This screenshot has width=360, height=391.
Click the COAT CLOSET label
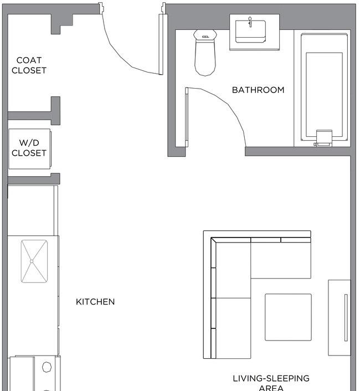coord(29,65)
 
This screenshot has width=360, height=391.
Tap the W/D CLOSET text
coord(29,148)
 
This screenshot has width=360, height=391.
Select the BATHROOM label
coord(258,90)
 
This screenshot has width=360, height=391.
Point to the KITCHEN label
coord(95,302)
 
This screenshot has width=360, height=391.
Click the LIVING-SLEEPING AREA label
coord(271,383)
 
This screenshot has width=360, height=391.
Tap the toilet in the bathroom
coord(205,53)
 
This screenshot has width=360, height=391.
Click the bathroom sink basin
coord(250,32)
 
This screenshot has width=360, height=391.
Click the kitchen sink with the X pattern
coord(34,261)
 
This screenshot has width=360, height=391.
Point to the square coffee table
coord(288,317)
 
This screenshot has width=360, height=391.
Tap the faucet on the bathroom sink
coord(250,22)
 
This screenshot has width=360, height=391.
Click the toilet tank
coord(205,35)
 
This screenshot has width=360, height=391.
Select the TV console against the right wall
coord(340,317)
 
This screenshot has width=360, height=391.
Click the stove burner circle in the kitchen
coord(47,367)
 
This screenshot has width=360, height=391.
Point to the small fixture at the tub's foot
coord(323,138)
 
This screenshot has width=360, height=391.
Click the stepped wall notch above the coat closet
coord(63,24)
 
